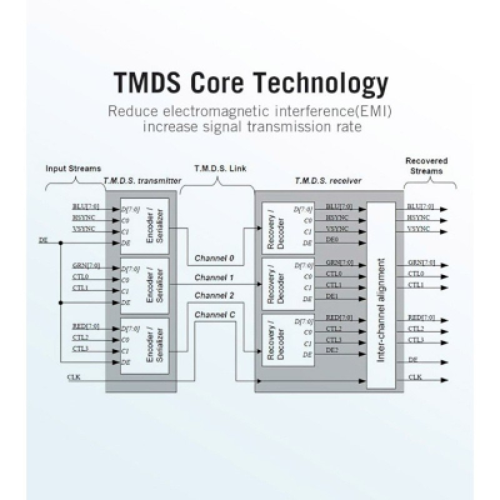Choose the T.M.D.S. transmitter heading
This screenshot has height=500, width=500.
coord(142,180)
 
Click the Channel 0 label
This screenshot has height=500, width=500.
coord(214,257)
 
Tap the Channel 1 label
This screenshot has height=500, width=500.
coord(214,276)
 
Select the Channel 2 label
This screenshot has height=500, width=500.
coord(214,295)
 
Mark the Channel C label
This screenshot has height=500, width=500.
coord(214,314)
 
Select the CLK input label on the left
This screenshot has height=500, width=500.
coord(73,377)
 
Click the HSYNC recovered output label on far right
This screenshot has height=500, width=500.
coord(417,217)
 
